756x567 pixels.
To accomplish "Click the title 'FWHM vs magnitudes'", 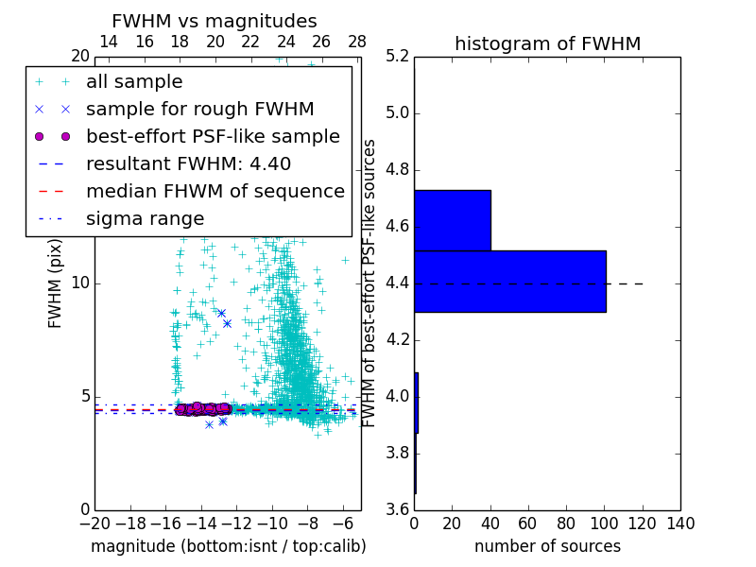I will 214,21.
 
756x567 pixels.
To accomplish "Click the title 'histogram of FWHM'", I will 547,43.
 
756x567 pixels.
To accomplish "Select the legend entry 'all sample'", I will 134,82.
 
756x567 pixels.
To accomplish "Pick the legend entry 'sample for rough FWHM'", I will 199,110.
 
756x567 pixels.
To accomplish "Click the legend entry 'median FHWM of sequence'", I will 215,192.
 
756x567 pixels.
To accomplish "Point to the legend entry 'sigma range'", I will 145,219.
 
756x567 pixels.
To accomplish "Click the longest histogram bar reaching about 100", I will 509,281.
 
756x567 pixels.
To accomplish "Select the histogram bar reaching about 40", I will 452,220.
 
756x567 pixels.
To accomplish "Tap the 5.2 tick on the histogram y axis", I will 397,56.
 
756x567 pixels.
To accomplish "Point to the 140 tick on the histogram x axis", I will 679,524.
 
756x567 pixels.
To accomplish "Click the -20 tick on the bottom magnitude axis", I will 94,524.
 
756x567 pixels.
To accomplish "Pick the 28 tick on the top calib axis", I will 357,42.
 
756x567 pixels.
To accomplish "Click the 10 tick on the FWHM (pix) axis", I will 80,283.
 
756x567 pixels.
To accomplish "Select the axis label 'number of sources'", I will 547,546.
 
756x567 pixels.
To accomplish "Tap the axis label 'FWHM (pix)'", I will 56,283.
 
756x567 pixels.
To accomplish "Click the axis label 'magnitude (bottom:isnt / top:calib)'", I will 228,546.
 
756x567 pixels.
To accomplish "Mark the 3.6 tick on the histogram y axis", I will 397,508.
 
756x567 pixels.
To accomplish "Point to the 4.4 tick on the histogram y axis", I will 397,283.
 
